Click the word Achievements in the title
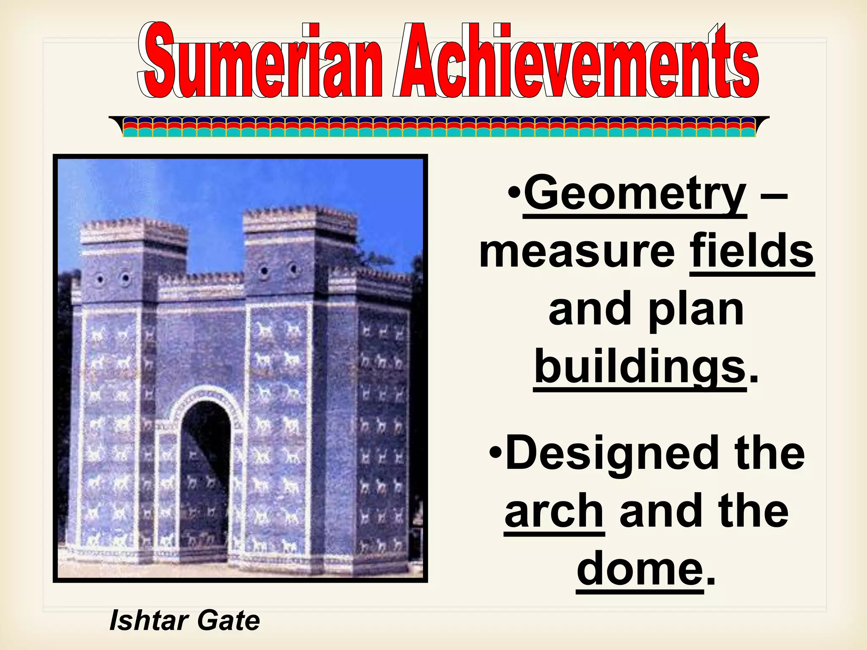(576, 61)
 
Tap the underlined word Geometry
(635, 195)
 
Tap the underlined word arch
(554, 512)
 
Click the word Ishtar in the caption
(149, 621)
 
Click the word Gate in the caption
(229, 621)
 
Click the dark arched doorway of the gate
(206, 474)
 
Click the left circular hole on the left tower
(100, 279)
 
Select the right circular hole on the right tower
(293, 268)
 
